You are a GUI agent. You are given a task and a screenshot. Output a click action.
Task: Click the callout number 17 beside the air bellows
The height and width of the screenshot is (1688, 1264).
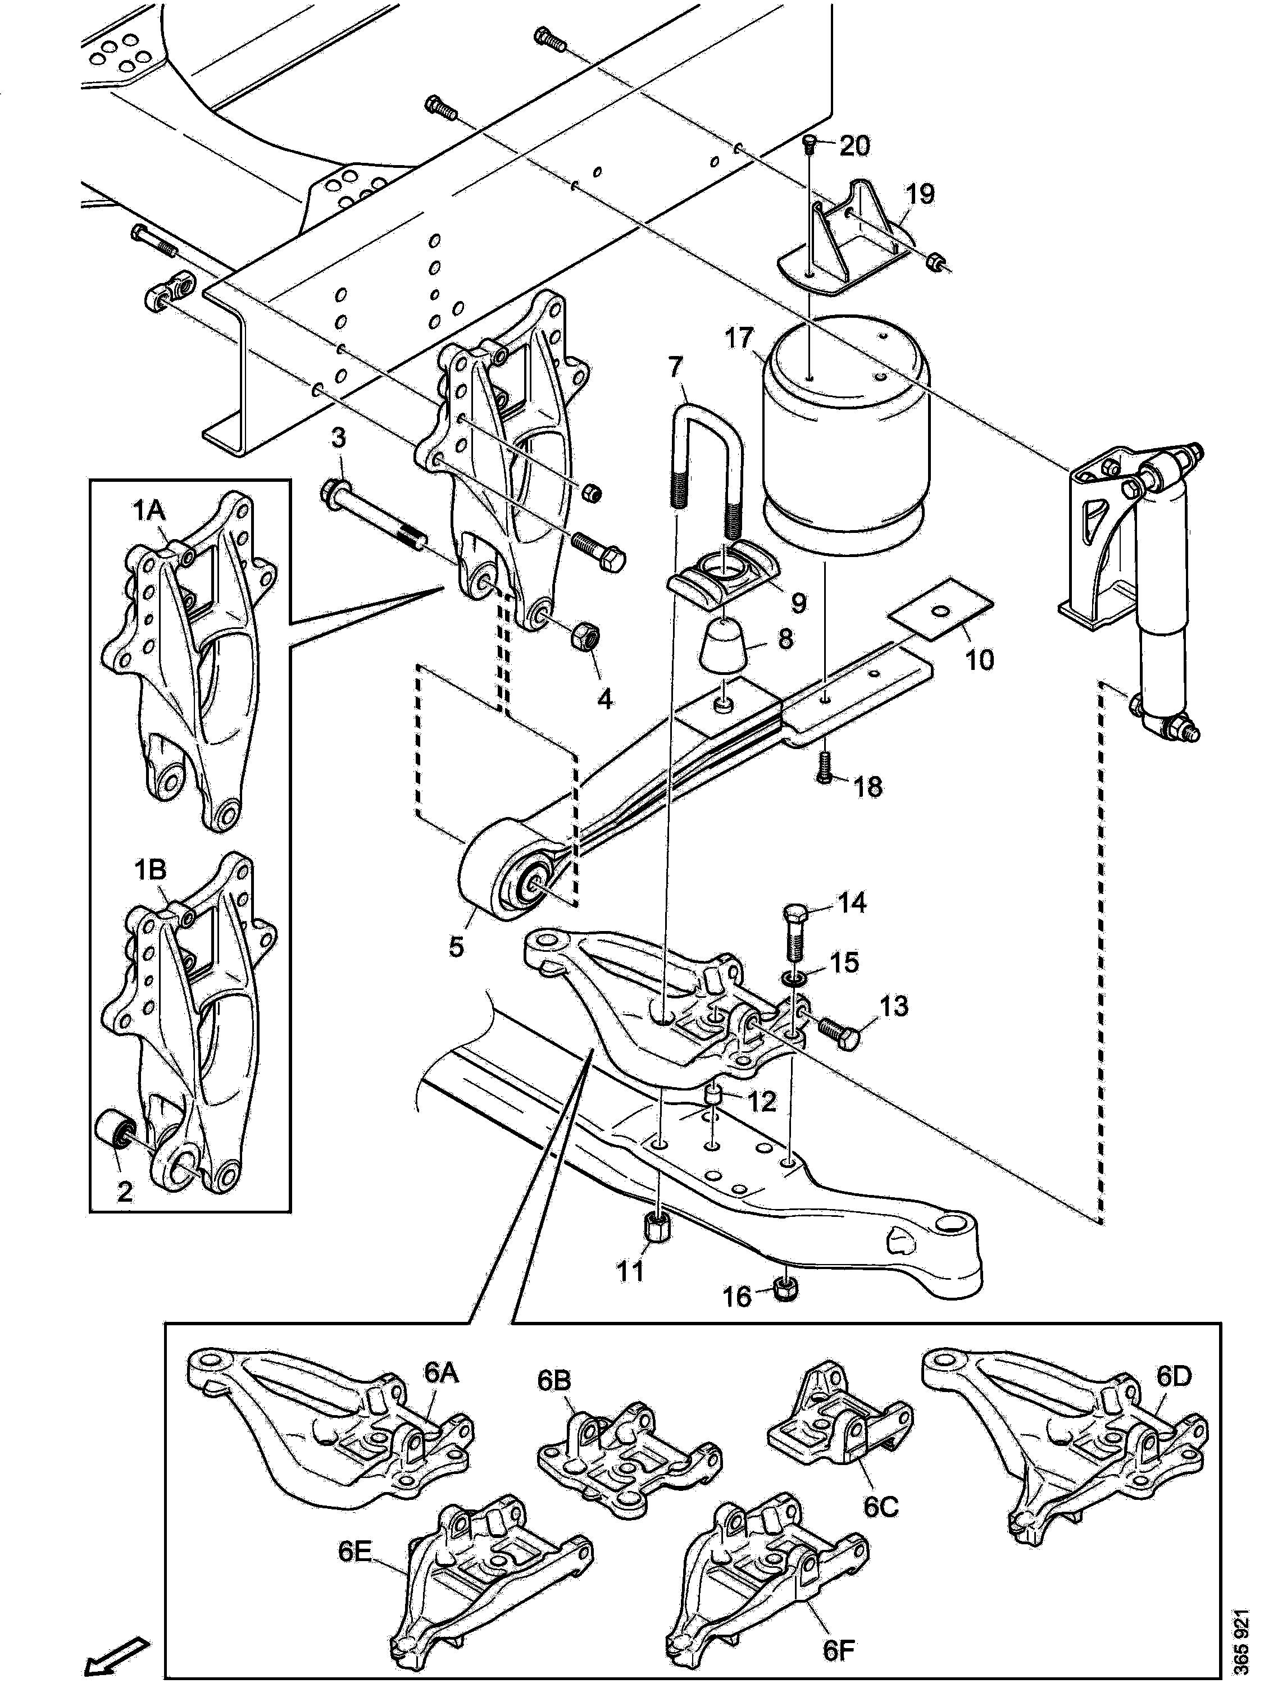[x=739, y=337]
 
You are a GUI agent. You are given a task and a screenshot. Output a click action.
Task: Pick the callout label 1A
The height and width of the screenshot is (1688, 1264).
[x=149, y=511]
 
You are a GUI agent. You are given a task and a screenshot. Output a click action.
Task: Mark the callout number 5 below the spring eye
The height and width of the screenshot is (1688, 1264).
[x=456, y=947]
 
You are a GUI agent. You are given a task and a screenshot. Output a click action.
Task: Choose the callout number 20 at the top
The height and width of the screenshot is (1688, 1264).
[x=854, y=145]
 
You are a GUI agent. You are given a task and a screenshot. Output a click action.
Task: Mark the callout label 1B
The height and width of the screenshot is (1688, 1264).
[x=151, y=870]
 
